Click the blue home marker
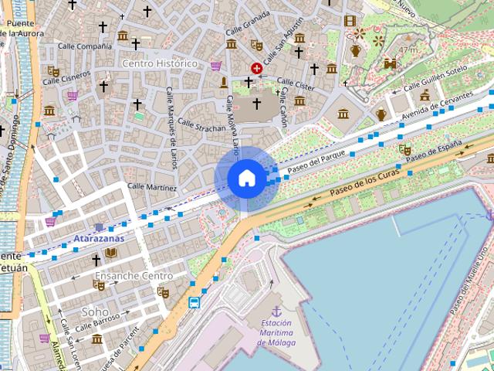[246, 178]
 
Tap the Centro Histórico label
[160, 63]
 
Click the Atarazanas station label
[99, 239]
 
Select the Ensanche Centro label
[134, 276]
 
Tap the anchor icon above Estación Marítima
[277, 310]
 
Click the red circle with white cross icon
[256, 69]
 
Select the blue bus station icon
[195, 302]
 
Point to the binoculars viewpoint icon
[390, 63]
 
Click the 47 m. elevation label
[408, 49]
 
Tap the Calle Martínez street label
[152, 187]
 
